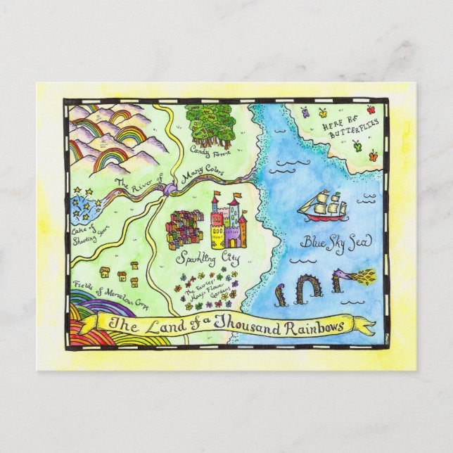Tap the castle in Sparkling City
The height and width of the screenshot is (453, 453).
click(x=229, y=222)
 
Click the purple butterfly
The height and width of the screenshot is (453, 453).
click(x=305, y=110)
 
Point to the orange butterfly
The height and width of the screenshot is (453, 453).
click(x=323, y=112)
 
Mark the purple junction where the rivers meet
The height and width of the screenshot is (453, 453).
click(x=168, y=189)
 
